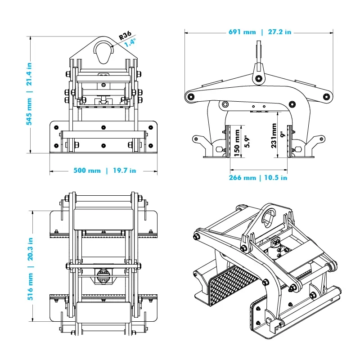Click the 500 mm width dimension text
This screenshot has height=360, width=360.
click(x=87, y=171)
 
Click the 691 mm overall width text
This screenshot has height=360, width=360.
click(x=242, y=32)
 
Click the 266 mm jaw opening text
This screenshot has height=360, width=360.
click(x=242, y=178)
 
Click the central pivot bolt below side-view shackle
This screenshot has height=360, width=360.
click(x=258, y=79)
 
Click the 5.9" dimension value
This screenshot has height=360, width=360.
click(x=246, y=141)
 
